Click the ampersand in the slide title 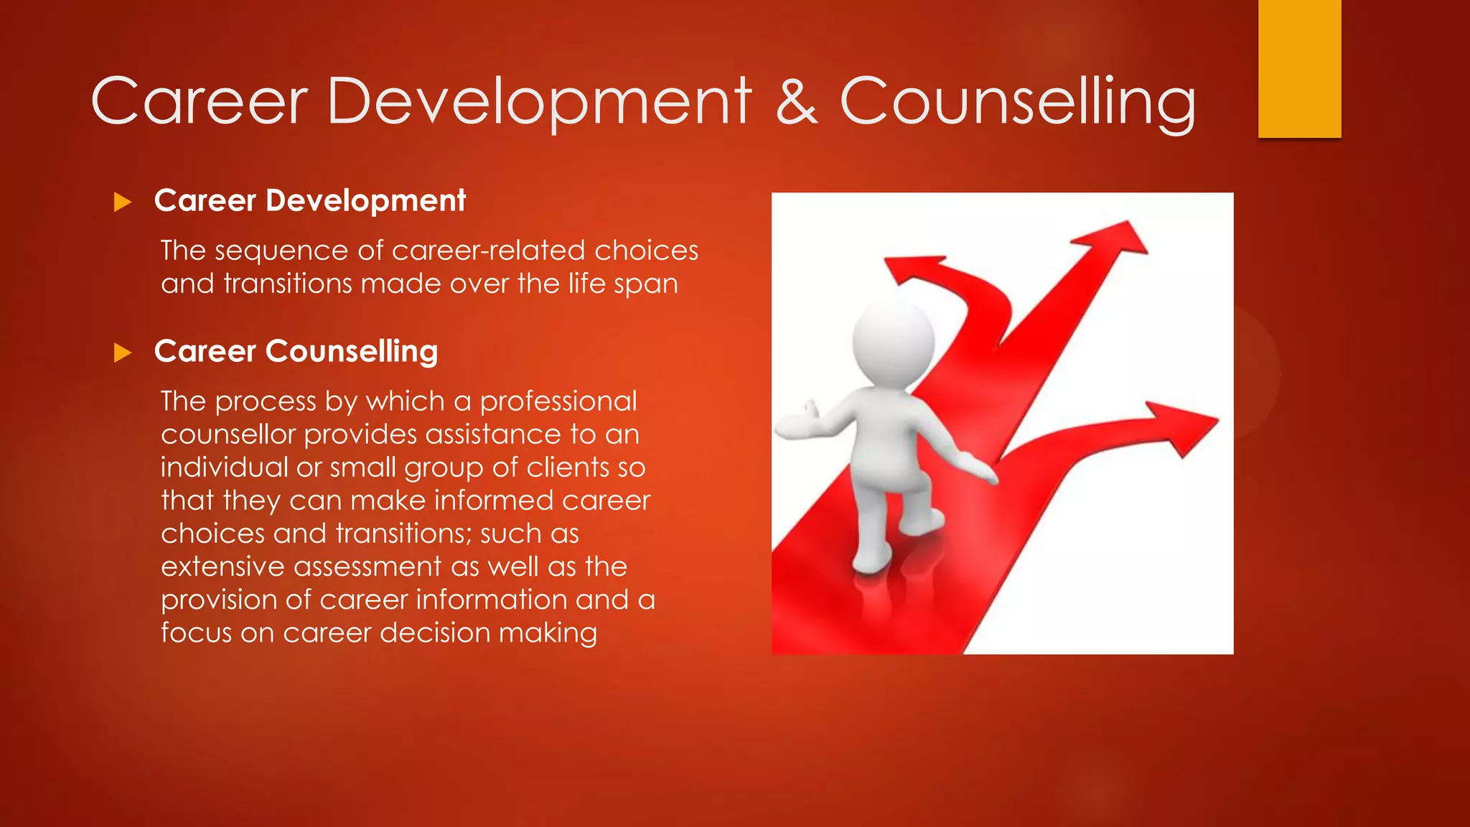click(797, 102)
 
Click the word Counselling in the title click(1018, 102)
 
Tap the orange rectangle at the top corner click(1299, 68)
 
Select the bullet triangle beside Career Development click(123, 202)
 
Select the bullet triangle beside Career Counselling click(123, 352)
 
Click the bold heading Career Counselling click(296, 352)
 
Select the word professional click(558, 401)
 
